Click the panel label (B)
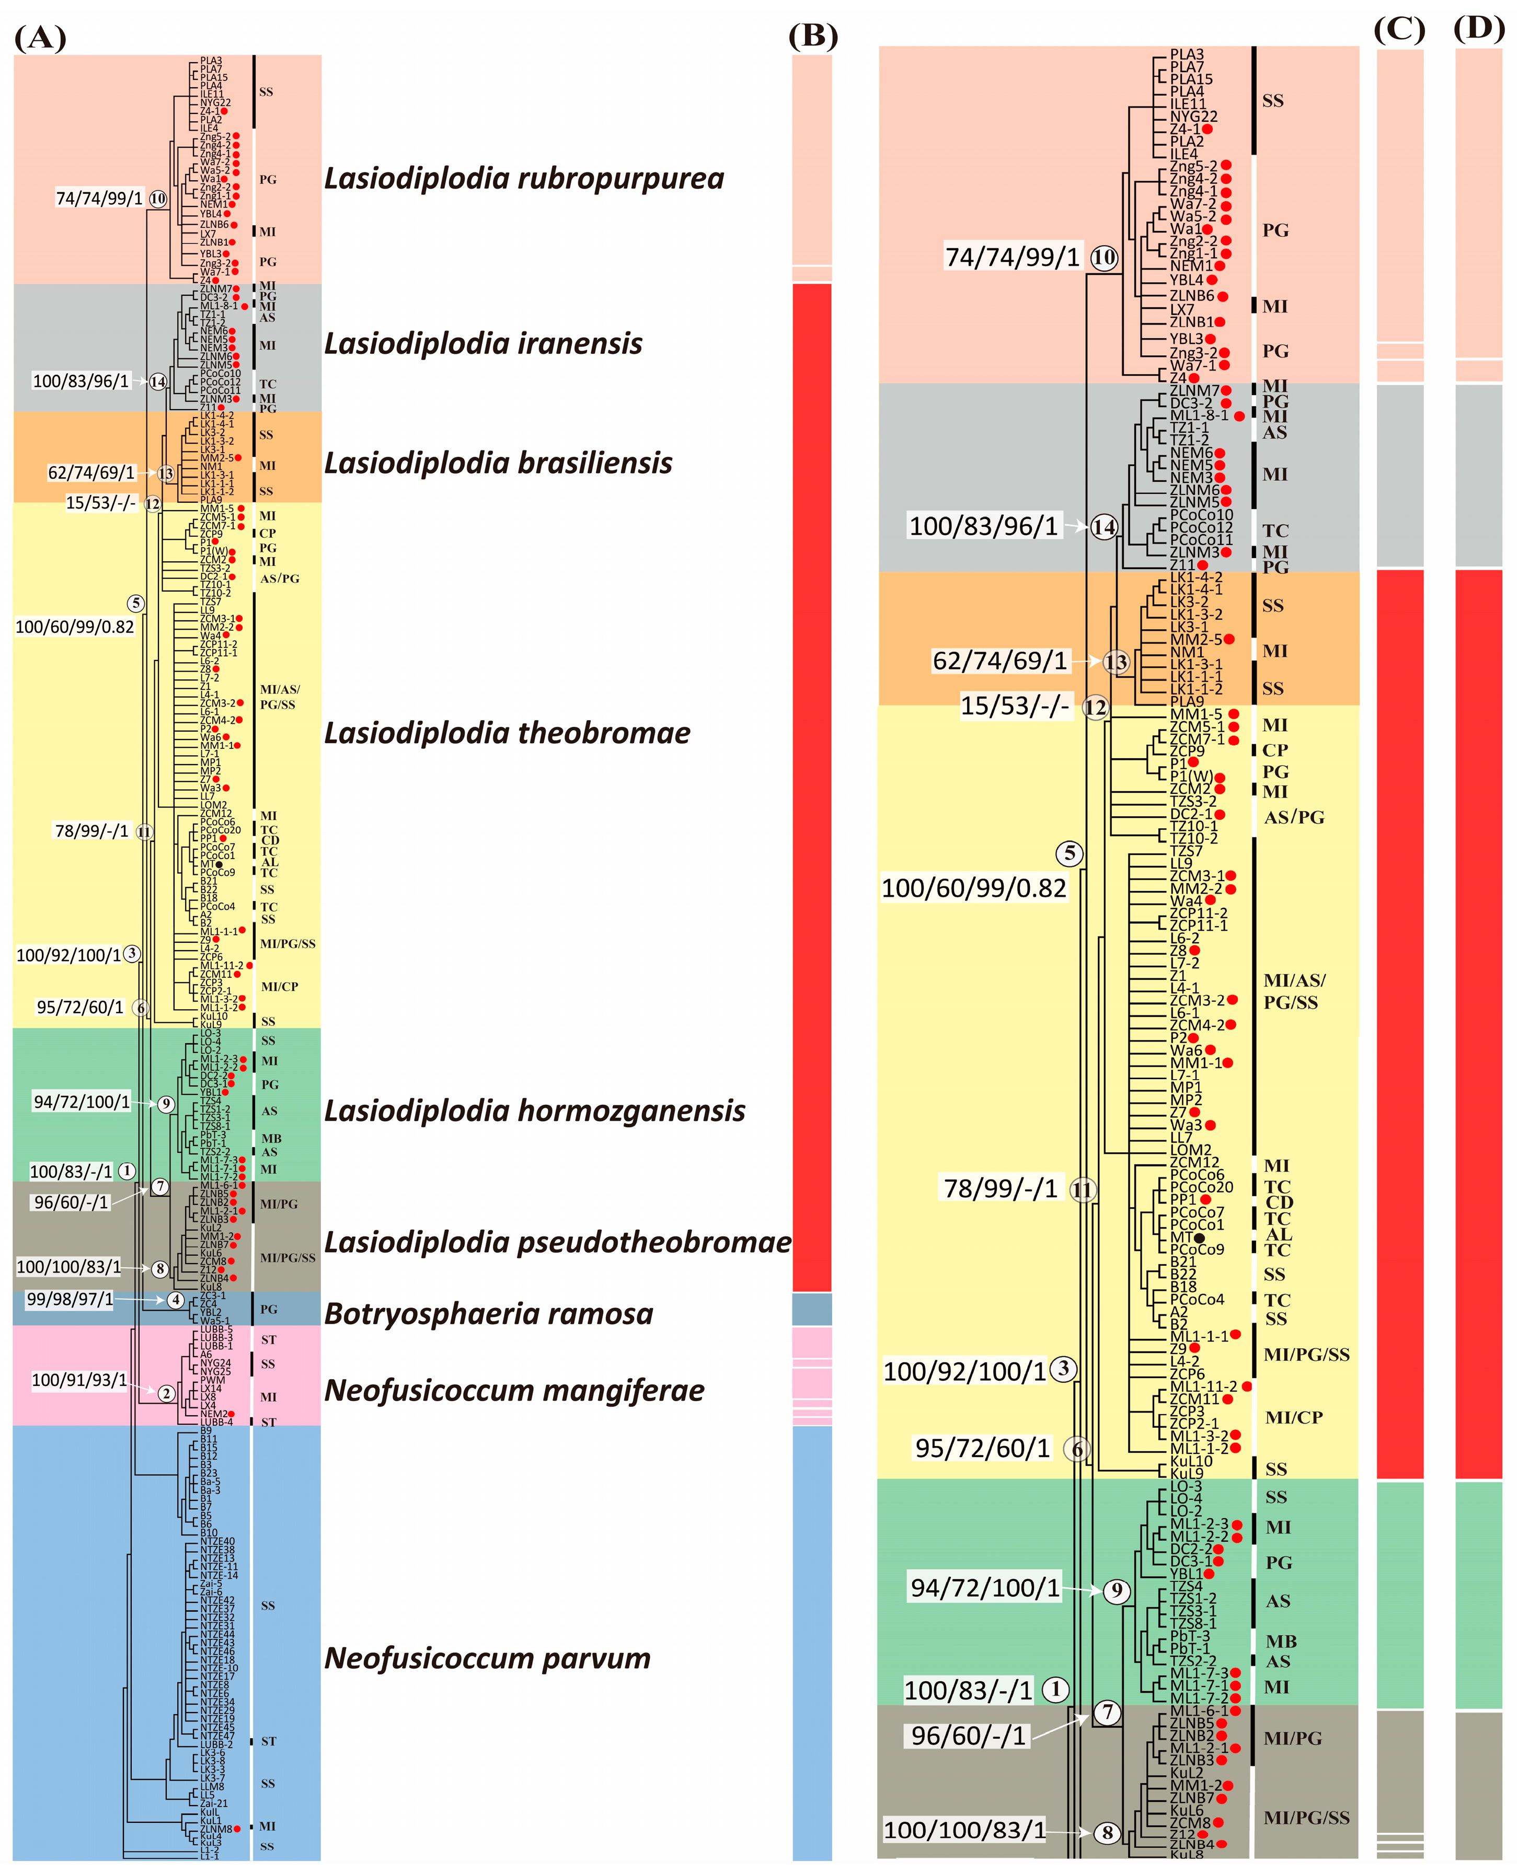[813, 36]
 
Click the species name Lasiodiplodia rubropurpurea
[524, 178]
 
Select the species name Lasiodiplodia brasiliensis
[498, 463]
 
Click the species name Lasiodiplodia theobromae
[507, 733]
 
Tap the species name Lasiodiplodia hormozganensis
[535, 1111]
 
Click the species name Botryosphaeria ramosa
[488, 1314]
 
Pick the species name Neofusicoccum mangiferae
[514, 1390]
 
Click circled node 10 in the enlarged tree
[1105, 258]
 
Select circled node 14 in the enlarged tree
[1104, 527]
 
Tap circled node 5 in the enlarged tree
[1070, 853]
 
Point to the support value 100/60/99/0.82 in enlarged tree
[973, 888]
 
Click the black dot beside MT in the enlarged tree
[1199, 1238]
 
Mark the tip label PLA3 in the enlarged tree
[1187, 54]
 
